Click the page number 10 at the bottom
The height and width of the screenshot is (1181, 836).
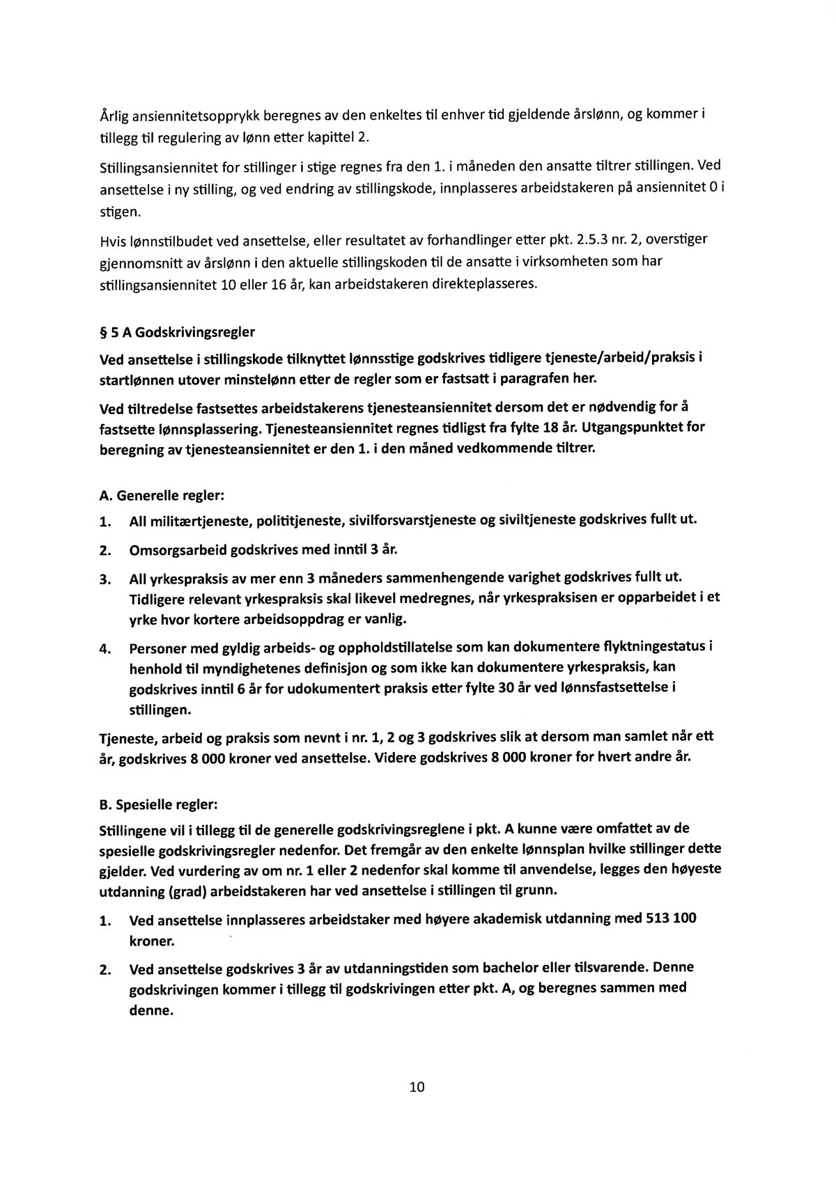coord(417,1087)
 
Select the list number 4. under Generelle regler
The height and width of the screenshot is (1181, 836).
coord(105,649)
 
